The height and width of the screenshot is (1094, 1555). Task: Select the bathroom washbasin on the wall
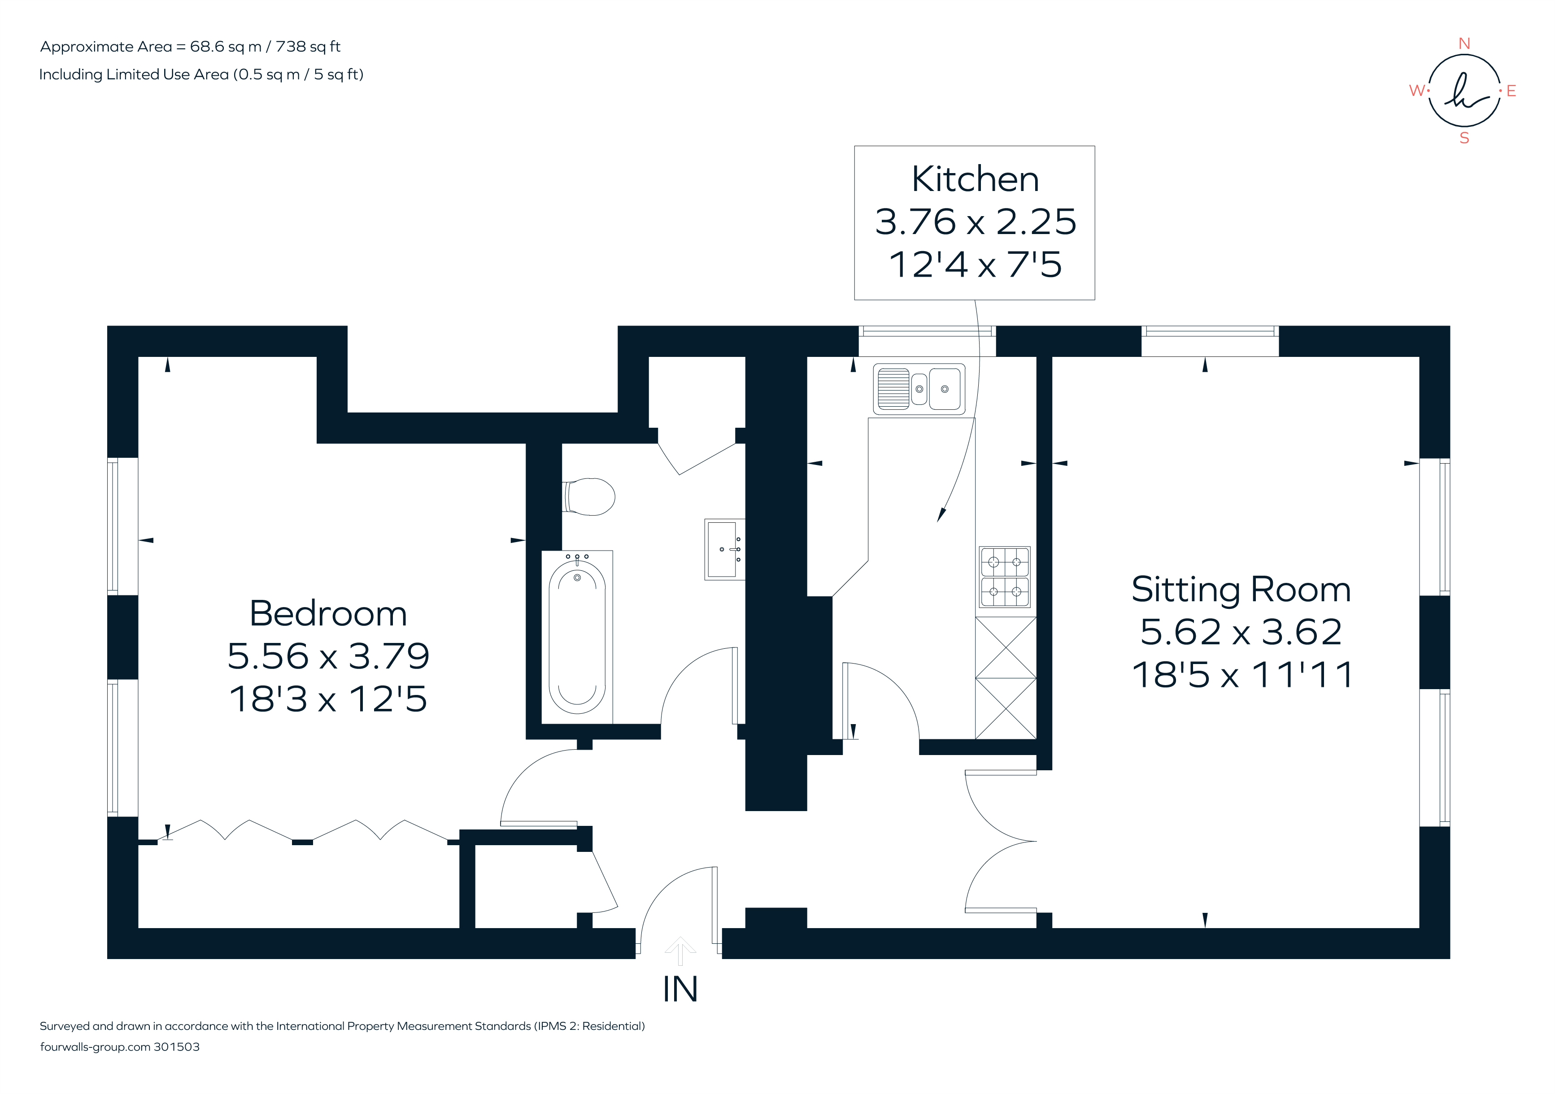pos(724,549)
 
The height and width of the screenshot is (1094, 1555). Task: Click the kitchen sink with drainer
pos(919,389)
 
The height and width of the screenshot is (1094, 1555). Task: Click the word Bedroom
pos(328,613)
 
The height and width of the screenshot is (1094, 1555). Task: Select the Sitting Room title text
pos(1241,589)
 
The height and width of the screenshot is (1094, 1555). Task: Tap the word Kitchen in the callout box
pos(975,179)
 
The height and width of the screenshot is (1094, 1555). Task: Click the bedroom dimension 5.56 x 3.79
pos(328,656)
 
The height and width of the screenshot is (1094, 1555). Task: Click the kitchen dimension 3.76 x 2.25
pos(975,222)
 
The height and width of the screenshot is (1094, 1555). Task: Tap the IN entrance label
pos(680,989)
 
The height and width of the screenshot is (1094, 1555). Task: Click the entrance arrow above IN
pos(680,949)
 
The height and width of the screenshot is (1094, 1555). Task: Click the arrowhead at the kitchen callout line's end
pos(940,516)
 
